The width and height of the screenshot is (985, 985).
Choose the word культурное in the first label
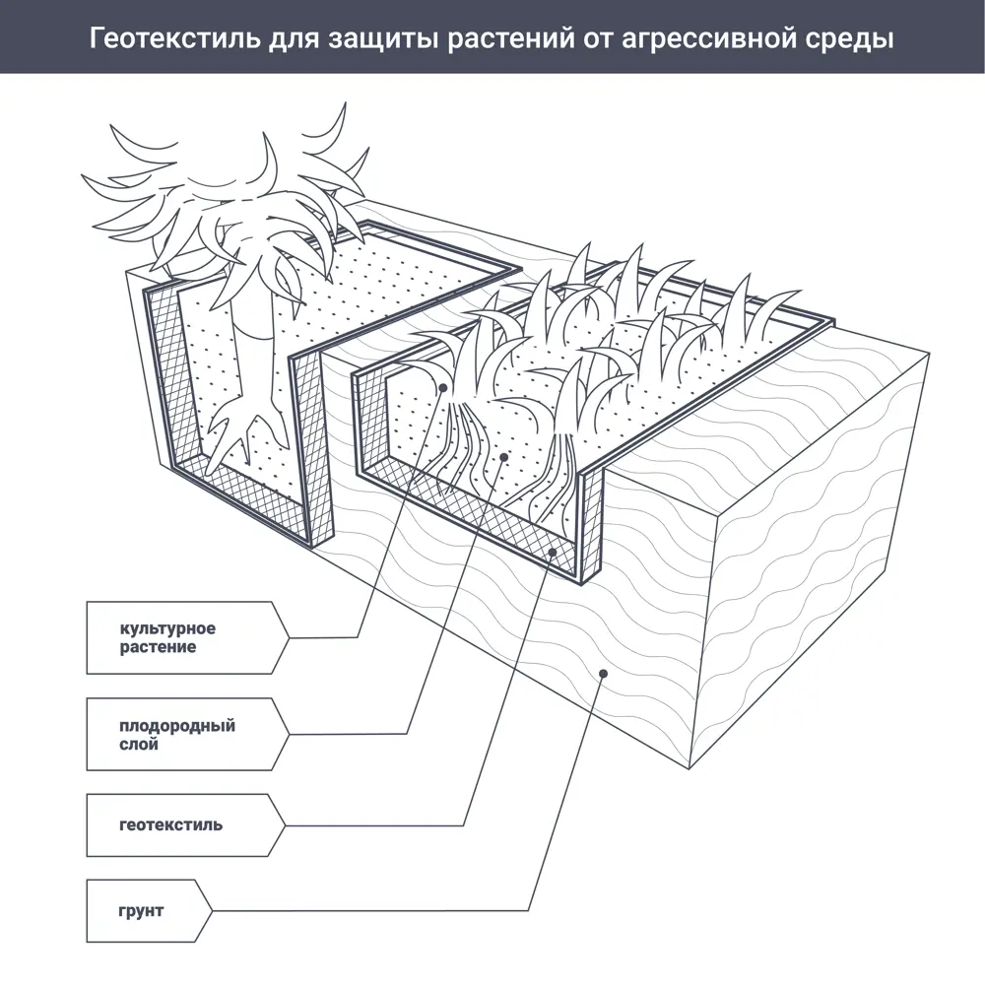(x=167, y=628)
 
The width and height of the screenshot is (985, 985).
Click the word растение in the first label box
(x=158, y=648)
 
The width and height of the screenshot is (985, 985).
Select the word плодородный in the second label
(x=177, y=726)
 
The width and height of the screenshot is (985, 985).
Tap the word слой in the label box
(x=139, y=745)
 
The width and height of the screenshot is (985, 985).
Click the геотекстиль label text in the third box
(x=170, y=824)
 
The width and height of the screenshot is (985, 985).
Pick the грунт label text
(x=141, y=910)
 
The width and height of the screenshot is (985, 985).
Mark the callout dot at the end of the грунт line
(x=604, y=673)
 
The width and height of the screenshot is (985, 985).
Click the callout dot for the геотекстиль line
(x=553, y=553)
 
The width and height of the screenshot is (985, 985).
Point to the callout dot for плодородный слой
(x=503, y=457)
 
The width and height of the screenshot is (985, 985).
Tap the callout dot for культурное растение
(x=444, y=388)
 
